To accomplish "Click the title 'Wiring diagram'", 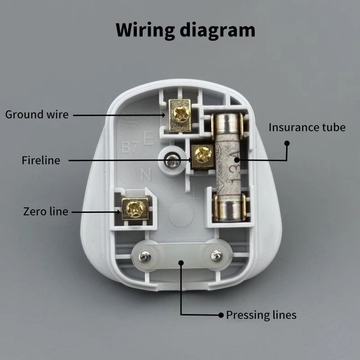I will (x=185, y=30).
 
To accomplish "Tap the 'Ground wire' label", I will (x=37, y=115).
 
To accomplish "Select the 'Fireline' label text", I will (x=40, y=161).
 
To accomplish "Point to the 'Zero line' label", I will (x=45, y=211).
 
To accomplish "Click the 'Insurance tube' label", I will (x=307, y=127).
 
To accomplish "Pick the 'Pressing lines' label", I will (x=261, y=315).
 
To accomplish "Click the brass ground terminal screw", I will (x=180, y=115).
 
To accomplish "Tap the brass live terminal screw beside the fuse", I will (x=203, y=156).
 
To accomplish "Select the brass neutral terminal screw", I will (x=135, y=208).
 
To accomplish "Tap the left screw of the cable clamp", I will (x=144, y=257).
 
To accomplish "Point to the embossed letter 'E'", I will (x=148, y=138).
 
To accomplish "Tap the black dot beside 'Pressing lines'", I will (x=220, y=315).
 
